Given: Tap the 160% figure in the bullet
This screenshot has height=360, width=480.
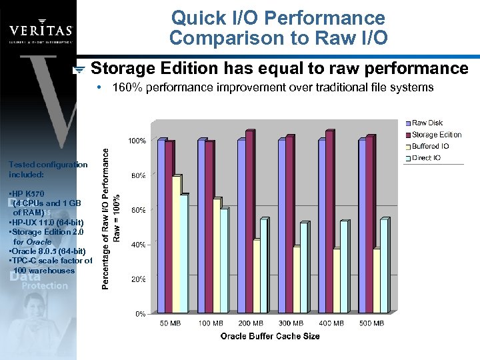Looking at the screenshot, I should [126, 87].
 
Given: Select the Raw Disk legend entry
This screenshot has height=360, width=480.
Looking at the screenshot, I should [427, 123].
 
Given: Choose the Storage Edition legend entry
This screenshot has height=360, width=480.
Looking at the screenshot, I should [436, 135].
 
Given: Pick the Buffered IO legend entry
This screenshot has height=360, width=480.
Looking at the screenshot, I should [430, 146].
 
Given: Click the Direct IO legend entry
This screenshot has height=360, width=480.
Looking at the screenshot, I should [427, 158].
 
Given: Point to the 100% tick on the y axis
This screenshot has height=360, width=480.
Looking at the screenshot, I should [137, 141].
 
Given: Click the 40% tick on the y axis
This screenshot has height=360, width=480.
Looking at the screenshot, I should [139, 245].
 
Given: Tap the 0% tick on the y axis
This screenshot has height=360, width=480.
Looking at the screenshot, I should [140, 313].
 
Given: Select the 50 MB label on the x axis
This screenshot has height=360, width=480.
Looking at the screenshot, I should [170, 323].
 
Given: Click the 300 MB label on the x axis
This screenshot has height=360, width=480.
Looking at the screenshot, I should [291, 323].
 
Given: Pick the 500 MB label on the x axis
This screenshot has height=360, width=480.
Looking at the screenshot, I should [371, 323].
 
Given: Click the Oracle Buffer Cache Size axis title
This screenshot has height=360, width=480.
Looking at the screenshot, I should [270, 336].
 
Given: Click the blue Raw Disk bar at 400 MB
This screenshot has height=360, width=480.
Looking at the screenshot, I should [322, 226].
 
